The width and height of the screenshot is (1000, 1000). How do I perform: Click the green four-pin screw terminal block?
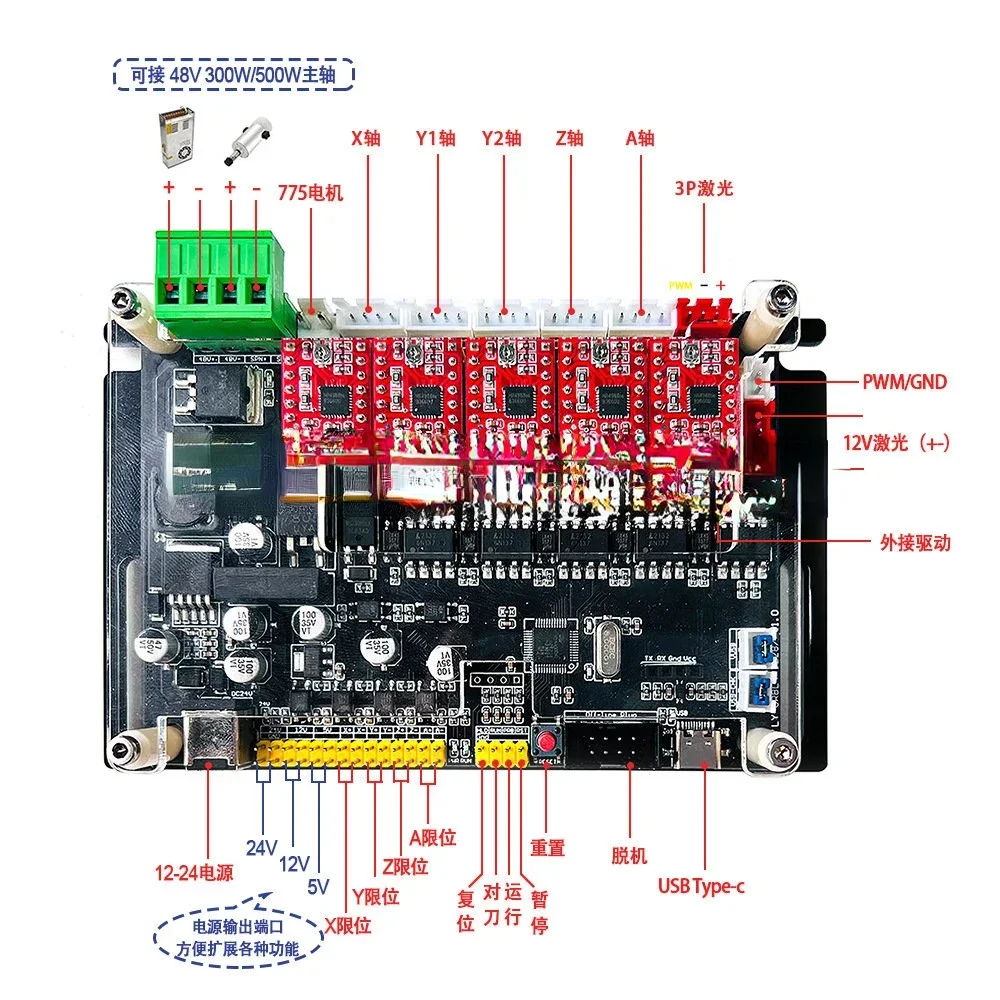[215, 283]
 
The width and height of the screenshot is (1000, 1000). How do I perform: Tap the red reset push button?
[547, 742]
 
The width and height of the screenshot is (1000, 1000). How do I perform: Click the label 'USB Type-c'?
[701, 884]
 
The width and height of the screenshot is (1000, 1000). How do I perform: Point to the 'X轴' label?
[366, 138]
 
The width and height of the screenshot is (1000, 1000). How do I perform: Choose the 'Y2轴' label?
[501, 138]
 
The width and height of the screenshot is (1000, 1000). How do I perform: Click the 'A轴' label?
[640, 138]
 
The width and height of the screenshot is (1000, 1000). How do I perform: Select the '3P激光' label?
[706, 187]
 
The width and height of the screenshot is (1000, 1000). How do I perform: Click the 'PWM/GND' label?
[904, 381]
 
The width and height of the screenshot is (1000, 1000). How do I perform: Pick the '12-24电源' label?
[194, 872]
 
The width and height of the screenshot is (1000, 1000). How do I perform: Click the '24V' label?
[261, 848]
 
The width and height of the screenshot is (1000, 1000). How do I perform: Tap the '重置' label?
[548, 848]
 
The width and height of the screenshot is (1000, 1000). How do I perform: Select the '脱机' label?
[629, 855]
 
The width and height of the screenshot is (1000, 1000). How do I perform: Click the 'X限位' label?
[347, 926]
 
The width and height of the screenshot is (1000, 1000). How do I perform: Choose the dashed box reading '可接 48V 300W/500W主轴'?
[232, 74]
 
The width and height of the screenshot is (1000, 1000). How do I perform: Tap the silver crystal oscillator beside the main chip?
[607, 650]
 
